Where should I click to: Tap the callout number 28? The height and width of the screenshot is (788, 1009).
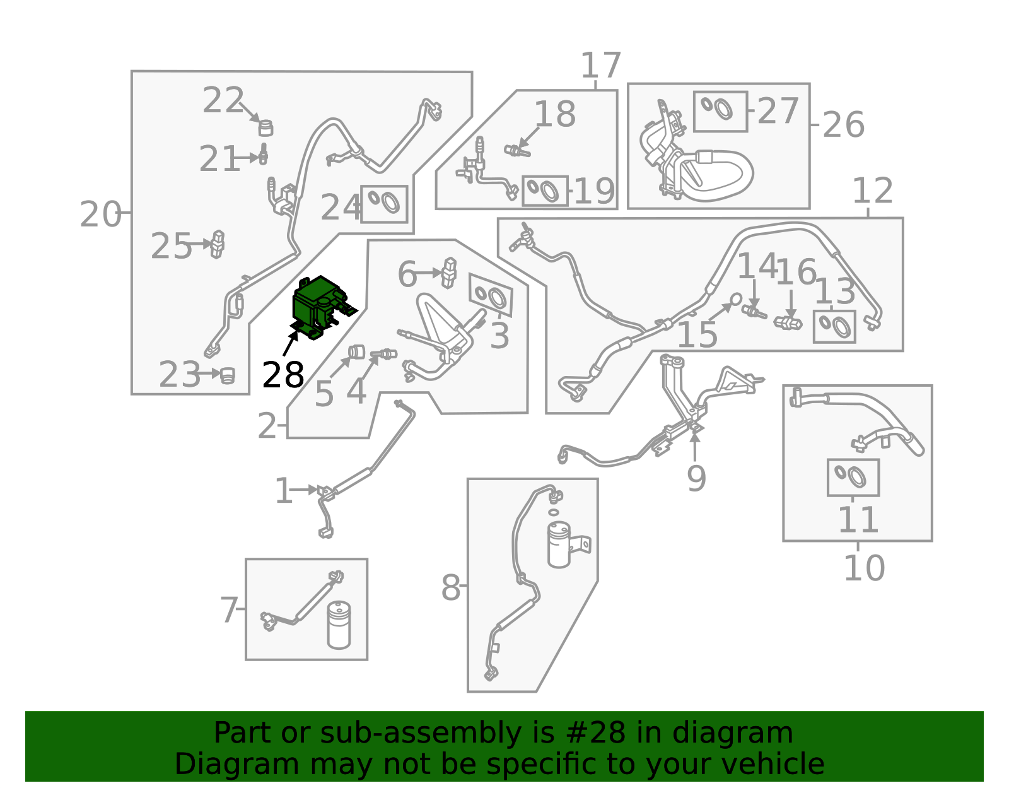[283, 375]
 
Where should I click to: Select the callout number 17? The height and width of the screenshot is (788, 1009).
[601, 66]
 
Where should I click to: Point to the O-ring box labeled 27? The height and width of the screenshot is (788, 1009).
[720, 112]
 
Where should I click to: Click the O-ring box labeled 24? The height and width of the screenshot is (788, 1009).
[384, 204]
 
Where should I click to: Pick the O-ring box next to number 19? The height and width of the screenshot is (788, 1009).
[545, 191]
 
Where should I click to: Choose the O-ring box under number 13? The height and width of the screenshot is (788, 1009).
[834, 327]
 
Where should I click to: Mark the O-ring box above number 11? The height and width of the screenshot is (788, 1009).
[853, 478]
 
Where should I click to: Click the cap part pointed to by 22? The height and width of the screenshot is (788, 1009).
[265, 127]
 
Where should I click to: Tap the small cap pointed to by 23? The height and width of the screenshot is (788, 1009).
[227, 375]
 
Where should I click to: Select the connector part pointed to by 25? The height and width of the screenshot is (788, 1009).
[218, 244]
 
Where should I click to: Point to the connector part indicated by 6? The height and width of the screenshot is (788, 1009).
[449, 273]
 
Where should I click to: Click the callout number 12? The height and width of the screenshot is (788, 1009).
[873, 191]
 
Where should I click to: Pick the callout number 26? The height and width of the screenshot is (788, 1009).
[843, 125]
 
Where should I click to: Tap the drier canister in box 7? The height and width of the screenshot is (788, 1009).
[339, 625]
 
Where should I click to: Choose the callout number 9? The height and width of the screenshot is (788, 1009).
[696, 478]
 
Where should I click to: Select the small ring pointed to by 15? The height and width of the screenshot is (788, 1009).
[736, 300]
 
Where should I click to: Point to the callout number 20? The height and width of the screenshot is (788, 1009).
[100, 215]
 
